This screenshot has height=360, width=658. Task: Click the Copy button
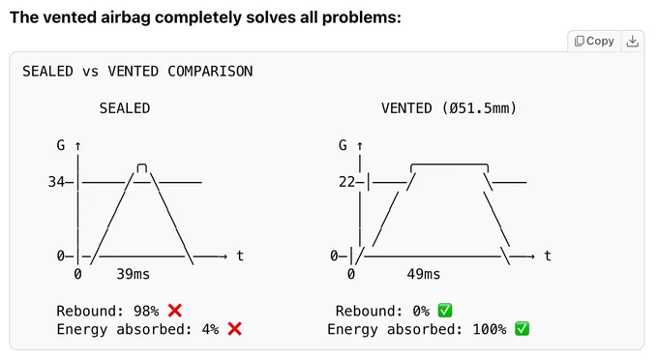594,41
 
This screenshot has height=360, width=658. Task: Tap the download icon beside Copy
633,41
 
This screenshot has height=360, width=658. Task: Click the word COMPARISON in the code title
210,72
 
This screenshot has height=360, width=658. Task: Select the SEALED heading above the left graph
125,108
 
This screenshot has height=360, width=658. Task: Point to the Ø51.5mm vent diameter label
479,108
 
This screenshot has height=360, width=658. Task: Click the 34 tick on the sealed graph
56,182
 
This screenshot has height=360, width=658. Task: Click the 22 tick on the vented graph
347,182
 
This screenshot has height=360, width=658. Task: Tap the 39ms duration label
133,274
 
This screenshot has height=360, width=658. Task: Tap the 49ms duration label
424,274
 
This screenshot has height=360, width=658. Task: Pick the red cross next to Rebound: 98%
175,311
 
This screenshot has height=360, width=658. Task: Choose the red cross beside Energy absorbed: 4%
234,329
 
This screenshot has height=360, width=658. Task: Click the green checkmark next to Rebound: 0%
445,311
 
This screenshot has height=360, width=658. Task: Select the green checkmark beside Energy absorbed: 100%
522,329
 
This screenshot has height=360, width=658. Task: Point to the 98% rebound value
146,311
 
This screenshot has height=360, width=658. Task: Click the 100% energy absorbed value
490,329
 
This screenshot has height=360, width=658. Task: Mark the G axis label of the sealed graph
61,145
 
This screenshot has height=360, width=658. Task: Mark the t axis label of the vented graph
548,255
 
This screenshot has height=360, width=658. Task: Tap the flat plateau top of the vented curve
449,165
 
